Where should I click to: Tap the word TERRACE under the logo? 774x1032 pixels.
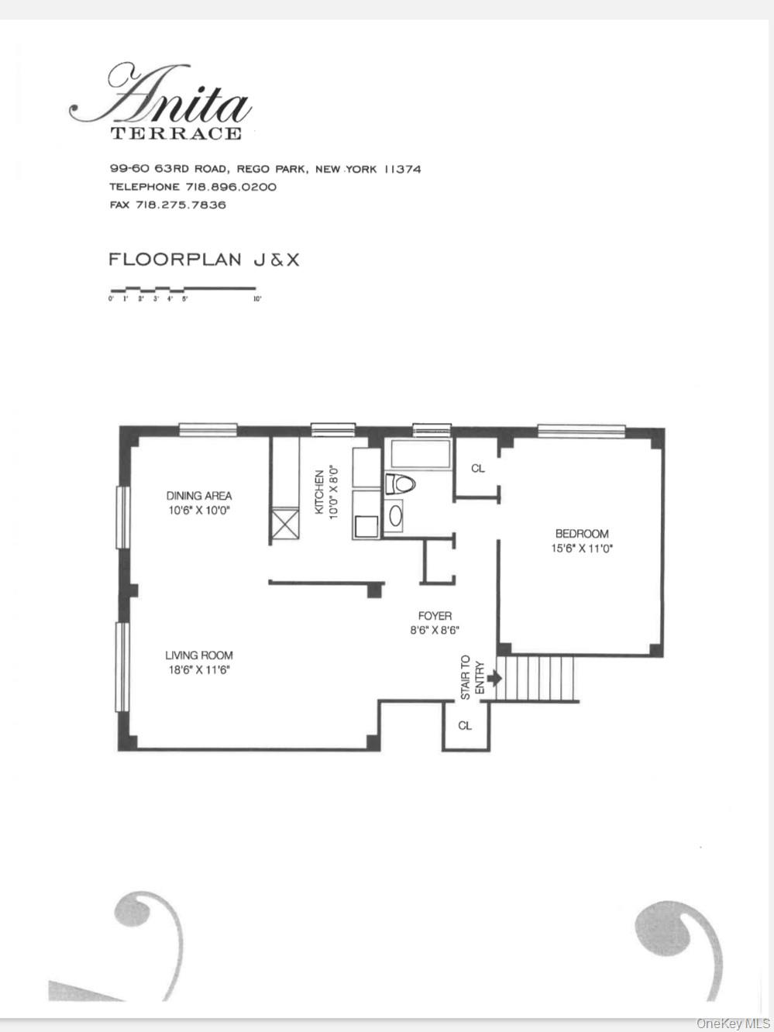click(176, 133)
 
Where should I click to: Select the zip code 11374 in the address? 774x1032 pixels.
click(403, 169)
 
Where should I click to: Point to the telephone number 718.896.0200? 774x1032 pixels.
click(230, 187)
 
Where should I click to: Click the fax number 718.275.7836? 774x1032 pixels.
click(181, 205)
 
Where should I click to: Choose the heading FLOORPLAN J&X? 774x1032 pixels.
click(204, 260)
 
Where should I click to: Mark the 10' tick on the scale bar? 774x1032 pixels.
click(256, 298)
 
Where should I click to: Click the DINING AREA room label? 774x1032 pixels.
click(199, 496)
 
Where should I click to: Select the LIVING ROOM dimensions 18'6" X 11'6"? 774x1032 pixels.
click(199, 670)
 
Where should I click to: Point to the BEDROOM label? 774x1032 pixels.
click(582, 534)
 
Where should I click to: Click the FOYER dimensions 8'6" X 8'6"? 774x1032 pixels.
click(435, 631)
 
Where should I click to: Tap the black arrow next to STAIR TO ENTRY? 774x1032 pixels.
click(494, 678)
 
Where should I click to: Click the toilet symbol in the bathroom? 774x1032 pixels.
click(401, 484)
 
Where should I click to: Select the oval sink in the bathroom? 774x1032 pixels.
click(396, 515)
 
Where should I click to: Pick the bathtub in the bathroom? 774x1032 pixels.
click(419, 455)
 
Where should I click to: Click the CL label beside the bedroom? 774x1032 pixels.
click(478, 469)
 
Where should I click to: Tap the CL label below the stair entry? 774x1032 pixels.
click(465, 726)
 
